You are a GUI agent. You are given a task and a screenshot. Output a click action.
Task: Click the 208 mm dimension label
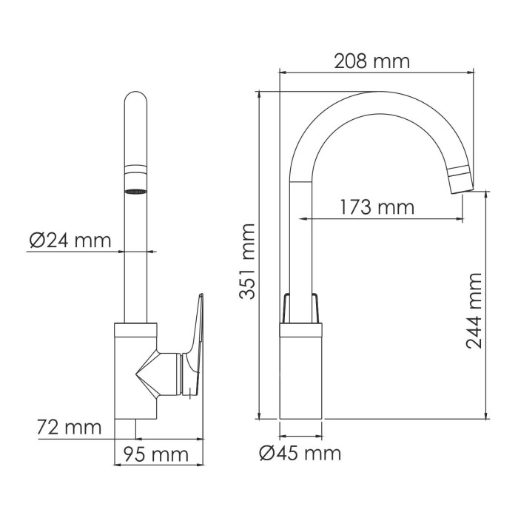[x=371, y=61]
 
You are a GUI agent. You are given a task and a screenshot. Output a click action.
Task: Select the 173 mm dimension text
[x=377, y=207]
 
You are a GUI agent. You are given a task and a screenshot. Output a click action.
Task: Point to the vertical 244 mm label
[x=474, y=311]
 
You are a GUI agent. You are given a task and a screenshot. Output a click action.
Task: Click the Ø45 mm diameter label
[x=300, y=452]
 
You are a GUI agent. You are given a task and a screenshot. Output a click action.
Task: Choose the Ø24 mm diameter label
[x=70, y=240]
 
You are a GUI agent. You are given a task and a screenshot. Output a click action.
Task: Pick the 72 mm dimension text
[x=69, y=427]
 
